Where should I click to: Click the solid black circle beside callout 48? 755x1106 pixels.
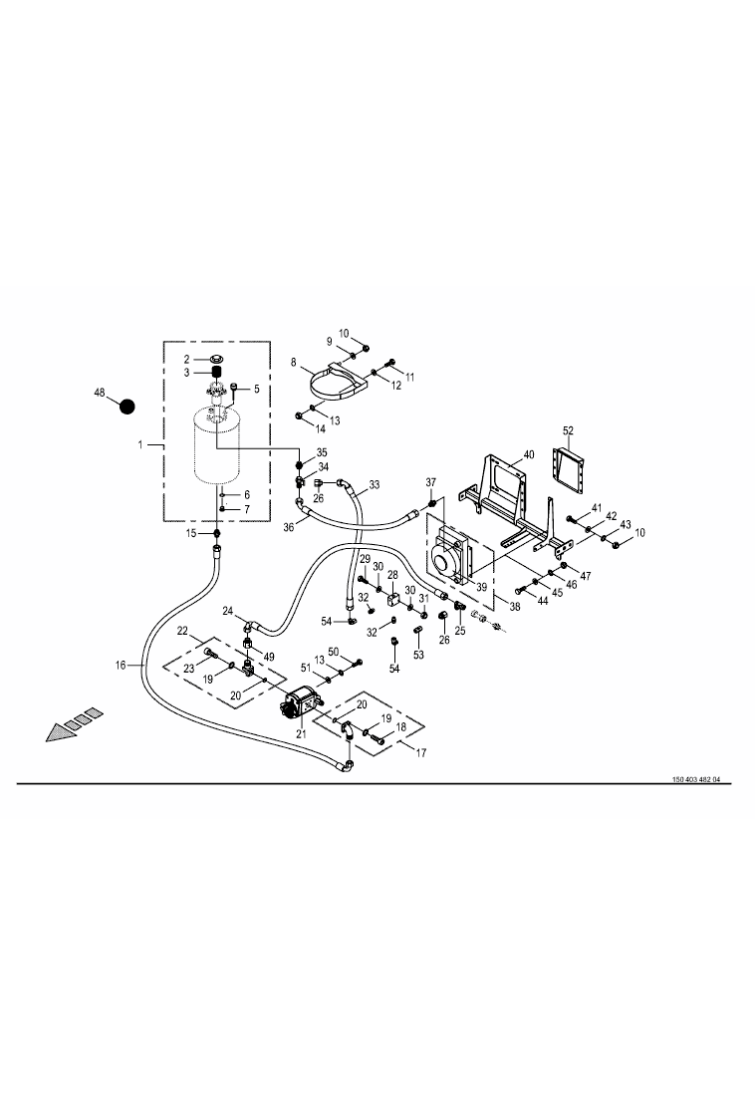tap(126, 407)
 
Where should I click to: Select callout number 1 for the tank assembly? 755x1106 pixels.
tap(140, 444)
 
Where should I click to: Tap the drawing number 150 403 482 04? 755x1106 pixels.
tap(696, 779)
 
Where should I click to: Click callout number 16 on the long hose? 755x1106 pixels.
tap(121, 665)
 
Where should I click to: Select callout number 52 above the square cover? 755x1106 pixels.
tap(568, 430)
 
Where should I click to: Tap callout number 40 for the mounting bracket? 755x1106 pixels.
tap(529, 454)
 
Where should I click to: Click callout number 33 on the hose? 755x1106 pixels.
tap(375, 484)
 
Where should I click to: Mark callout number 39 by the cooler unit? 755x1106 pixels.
tap(481, 587)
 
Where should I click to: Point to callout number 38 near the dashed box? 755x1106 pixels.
tap(515, 606)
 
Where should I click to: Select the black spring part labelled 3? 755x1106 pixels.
tap(217, 373)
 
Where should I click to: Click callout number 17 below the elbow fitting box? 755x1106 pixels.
tap(421, 752)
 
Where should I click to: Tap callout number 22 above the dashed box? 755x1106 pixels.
tap(182, 630)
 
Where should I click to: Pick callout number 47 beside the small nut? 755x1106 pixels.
tap(585, 576)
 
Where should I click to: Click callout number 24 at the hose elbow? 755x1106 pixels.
tap(228, 610)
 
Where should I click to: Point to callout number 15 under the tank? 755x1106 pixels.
tap(191, 533)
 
